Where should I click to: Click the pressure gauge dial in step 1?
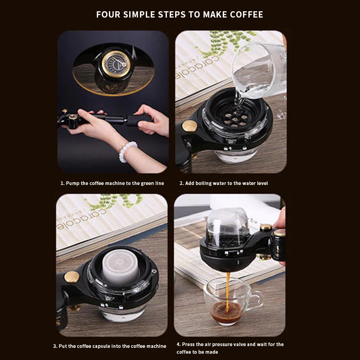click(116, 64)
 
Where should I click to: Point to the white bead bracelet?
click(128, 151)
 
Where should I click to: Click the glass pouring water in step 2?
click(260, 71)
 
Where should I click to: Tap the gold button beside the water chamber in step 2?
click(189, 126)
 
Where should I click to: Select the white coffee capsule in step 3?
click(121, 267)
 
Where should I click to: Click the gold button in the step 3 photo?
click(72, 277)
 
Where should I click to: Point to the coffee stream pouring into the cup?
click(228, 291)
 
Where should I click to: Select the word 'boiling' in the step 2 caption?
click(203, 183)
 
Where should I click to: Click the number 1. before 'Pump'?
click(63, 183)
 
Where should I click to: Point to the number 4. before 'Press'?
click(179, 344)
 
